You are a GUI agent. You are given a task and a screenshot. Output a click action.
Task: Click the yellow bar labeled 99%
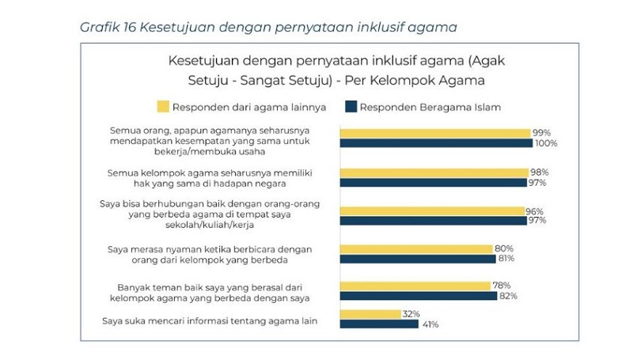coord(435,133)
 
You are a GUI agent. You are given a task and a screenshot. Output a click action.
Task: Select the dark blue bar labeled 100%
coord(437,144)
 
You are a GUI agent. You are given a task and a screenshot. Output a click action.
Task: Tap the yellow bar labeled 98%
coord(434,172)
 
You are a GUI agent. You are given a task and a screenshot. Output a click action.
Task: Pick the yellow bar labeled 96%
coord(432,210)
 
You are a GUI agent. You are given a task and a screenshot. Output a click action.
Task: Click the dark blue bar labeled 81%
coord(417,260)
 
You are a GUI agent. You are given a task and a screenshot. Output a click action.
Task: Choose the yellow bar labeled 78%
coord(415,286)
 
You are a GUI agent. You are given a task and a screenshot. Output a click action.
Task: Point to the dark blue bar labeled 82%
coord(418,297)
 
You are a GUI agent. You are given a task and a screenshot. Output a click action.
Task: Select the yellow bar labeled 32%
coord(370,314)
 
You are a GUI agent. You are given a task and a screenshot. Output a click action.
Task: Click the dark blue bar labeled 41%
coord(379,324)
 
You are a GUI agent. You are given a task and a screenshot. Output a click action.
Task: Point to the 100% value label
coord(546,144)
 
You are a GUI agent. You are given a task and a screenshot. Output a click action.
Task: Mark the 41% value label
coord(430,324)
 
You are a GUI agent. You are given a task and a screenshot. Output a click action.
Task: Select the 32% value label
coord(410,314)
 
